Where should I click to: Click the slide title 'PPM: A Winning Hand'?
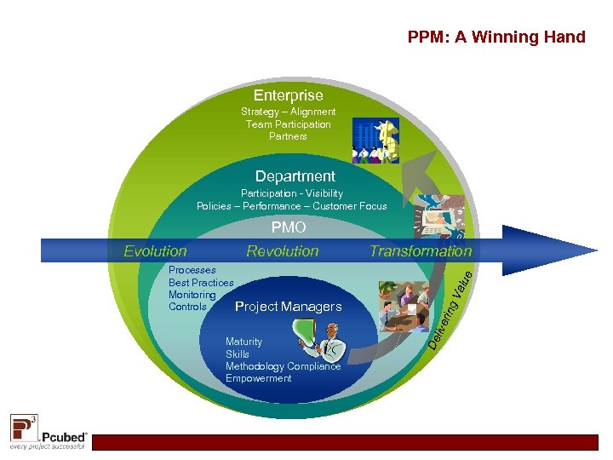(x=496, y=37)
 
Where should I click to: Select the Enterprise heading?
(x=288, y=95)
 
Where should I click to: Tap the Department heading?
(x=295, y=176)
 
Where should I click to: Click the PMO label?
(x=289, y=228)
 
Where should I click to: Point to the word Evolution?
(x=155, y=251)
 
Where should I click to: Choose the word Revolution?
(x=282, y=251)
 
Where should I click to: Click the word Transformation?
(x=420, y=251)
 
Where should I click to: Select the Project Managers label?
(x=288, y=307)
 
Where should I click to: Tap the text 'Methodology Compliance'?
(x=283, y=366)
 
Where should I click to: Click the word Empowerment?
(x=258, y=378)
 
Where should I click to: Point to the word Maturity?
(x=243, y=342)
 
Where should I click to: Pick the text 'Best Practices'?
(x=201, y=283)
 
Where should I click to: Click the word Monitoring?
(x=192, y=295)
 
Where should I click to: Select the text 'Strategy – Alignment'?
(x=288, y=112)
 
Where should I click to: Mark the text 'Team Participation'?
(x=288, y=124)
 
